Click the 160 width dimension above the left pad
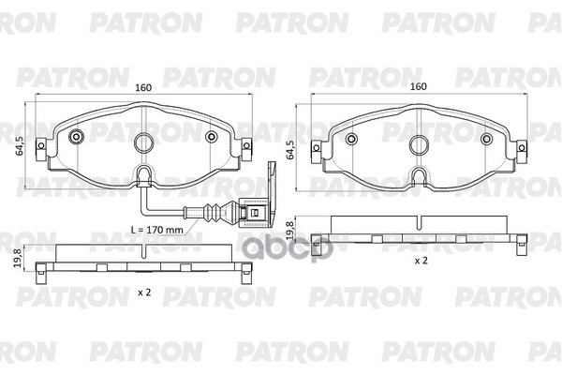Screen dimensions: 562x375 coord(143,87)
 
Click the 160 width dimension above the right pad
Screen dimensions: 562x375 coord(419,86)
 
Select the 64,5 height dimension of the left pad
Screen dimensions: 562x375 coord(20,145)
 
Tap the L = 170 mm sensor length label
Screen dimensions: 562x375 coord(157,230)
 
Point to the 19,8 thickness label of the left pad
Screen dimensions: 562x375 coord(17,258)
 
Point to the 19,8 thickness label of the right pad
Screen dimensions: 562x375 coord(289,230)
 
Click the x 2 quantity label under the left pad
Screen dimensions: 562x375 coord(144,292)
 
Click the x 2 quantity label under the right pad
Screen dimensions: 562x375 coord(421,261)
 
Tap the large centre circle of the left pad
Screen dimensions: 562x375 coord(143,142)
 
